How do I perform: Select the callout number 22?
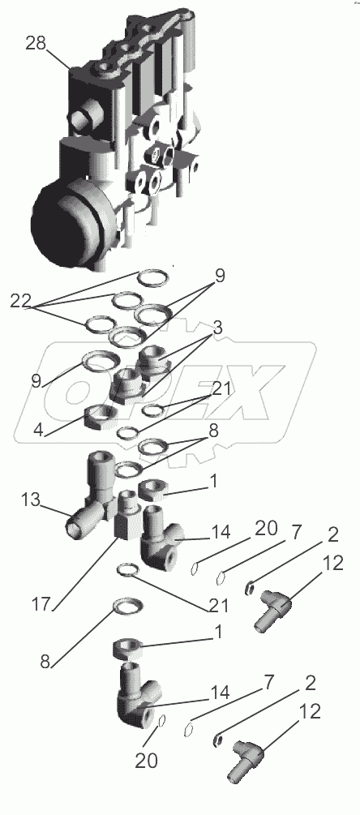tap(20, 302)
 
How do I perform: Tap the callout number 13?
tap(31, 500)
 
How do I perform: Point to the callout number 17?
tap(41, 604)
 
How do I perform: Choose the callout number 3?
tap(216, 328)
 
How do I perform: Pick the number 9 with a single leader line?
tap(35, 381)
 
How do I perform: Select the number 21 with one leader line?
tap(217, 604)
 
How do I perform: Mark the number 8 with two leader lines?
tap(213, 431)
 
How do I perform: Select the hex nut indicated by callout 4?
tap(99, 416)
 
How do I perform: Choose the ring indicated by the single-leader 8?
tap(128, 606)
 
